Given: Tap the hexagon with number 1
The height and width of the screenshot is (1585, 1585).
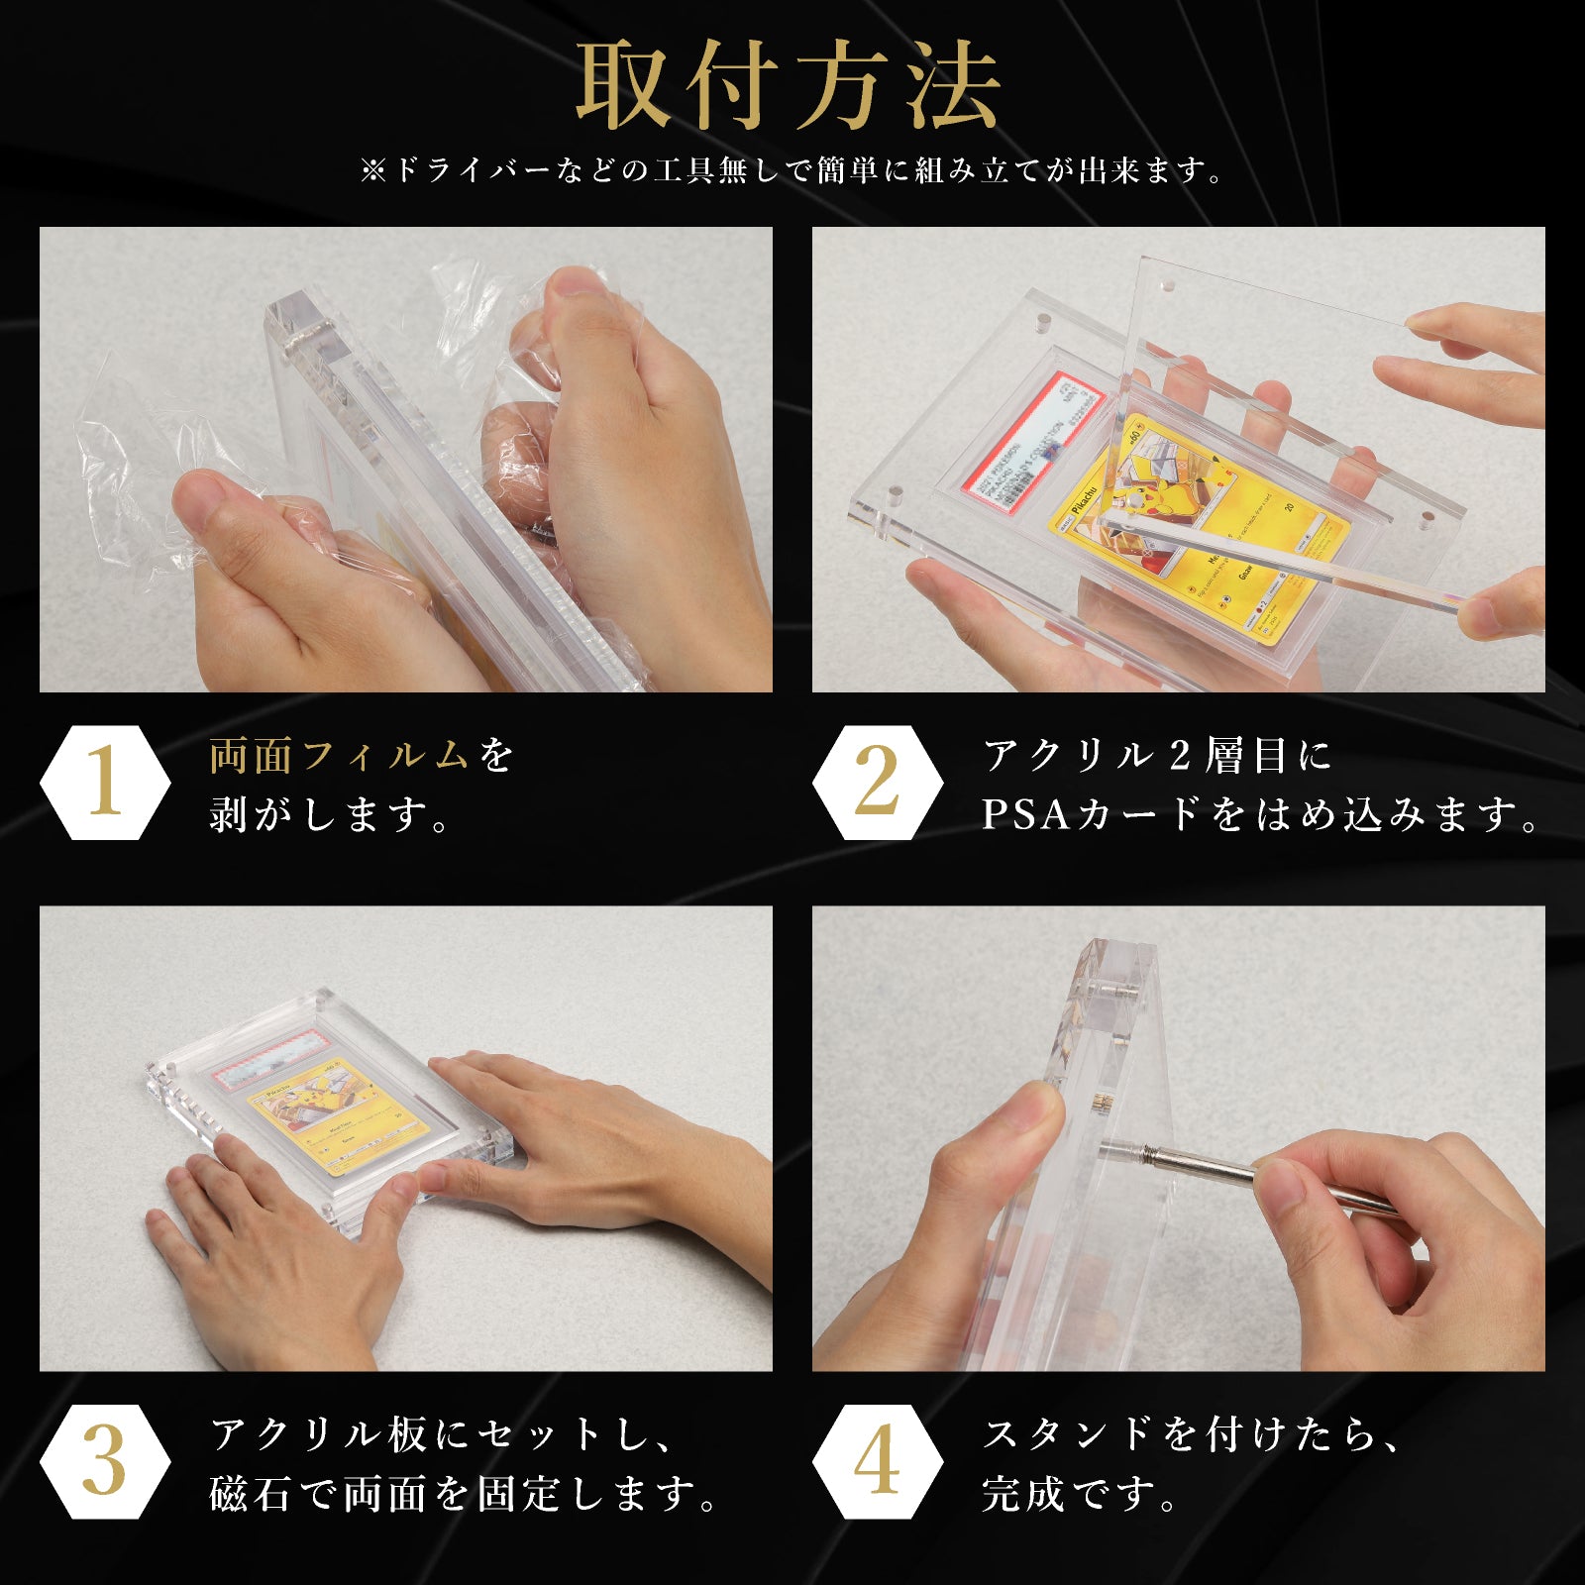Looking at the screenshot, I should [x=105, y=783].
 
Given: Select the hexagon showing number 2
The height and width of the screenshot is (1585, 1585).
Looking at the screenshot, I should [x=878, y=783].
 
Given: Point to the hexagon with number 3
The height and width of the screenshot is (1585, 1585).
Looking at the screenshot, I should [x=105, y=1461].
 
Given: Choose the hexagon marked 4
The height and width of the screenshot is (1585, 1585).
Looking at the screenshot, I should [x=878, y=1461].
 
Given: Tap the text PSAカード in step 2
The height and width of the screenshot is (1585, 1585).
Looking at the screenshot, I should [x=1090, y=815].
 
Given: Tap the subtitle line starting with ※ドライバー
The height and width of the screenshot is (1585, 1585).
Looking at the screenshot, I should [x=792, y=170].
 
